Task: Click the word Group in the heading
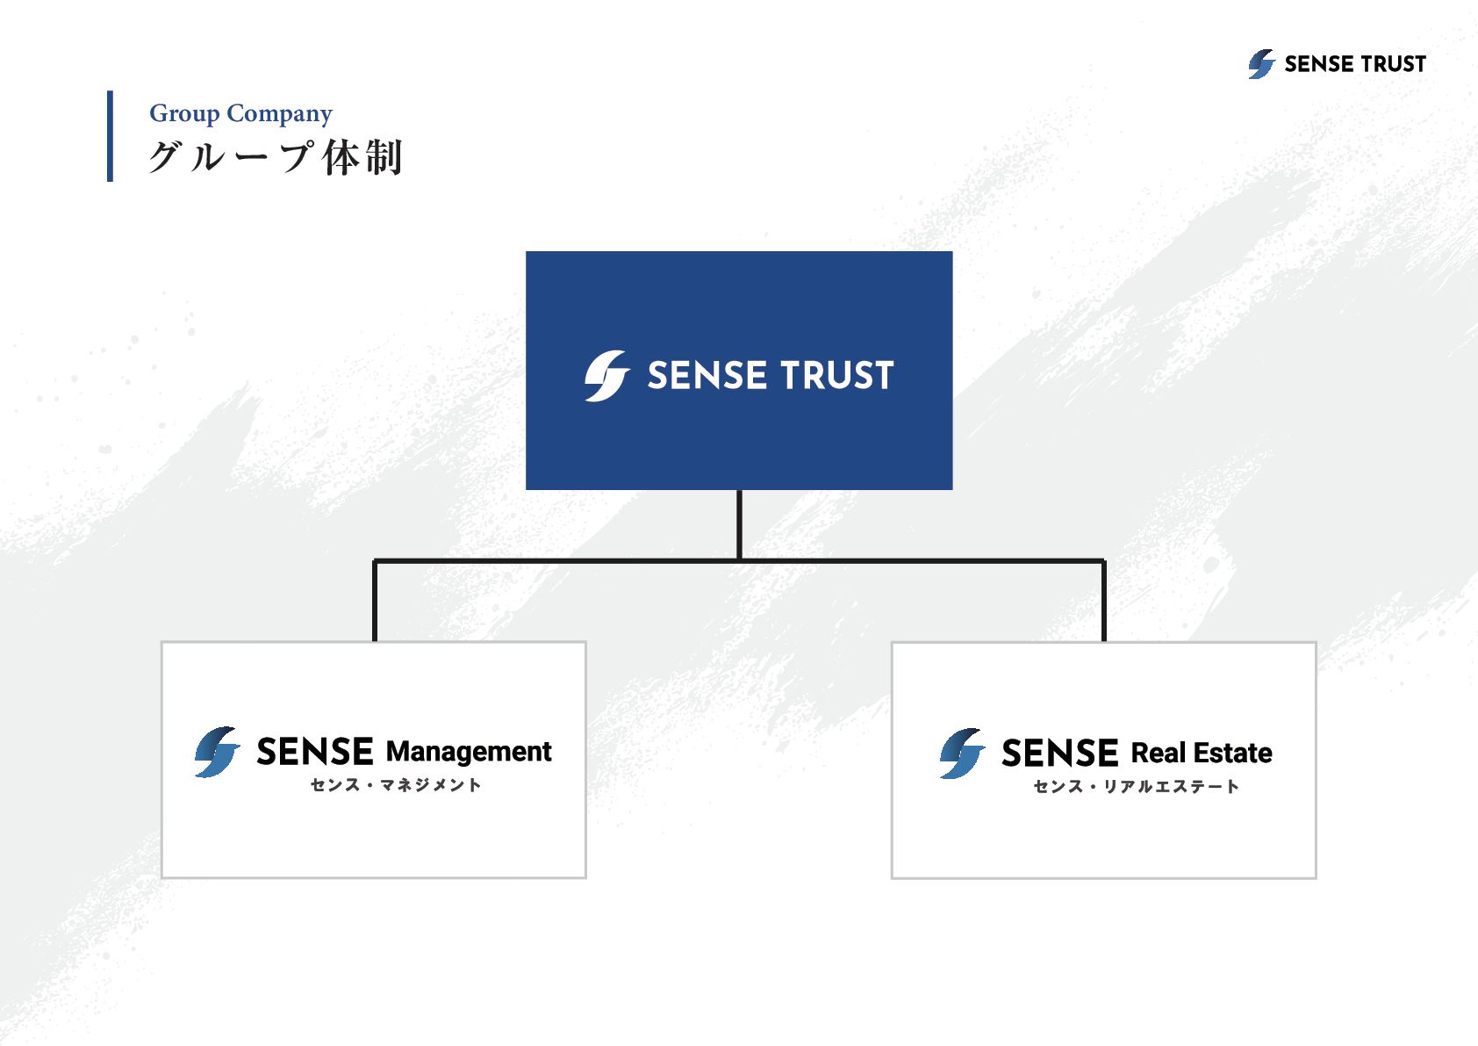[x=184, y=114]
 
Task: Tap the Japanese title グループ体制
[x=276, y=158]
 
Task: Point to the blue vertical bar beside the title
[x=110, y=136]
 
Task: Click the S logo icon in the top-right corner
[x=1261, y=64]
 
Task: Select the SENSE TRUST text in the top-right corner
[x=1355, y=64]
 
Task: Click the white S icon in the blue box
[x=606, y=376]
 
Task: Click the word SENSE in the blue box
[x=707, y=376]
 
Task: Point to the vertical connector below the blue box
[x=740, y=524]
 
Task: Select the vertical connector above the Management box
[x=375, y=601]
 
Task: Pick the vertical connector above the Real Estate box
[x=1103, y=601]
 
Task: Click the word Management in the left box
[x=469, y=752]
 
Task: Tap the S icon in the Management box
[x=217, y=752]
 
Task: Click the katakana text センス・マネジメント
[x=396, y=785]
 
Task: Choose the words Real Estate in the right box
[x=1202, y=754]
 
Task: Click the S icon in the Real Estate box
[x=962, y=754]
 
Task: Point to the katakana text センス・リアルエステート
[x=1136, y=787]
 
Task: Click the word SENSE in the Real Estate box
[x=1059, y=754]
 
